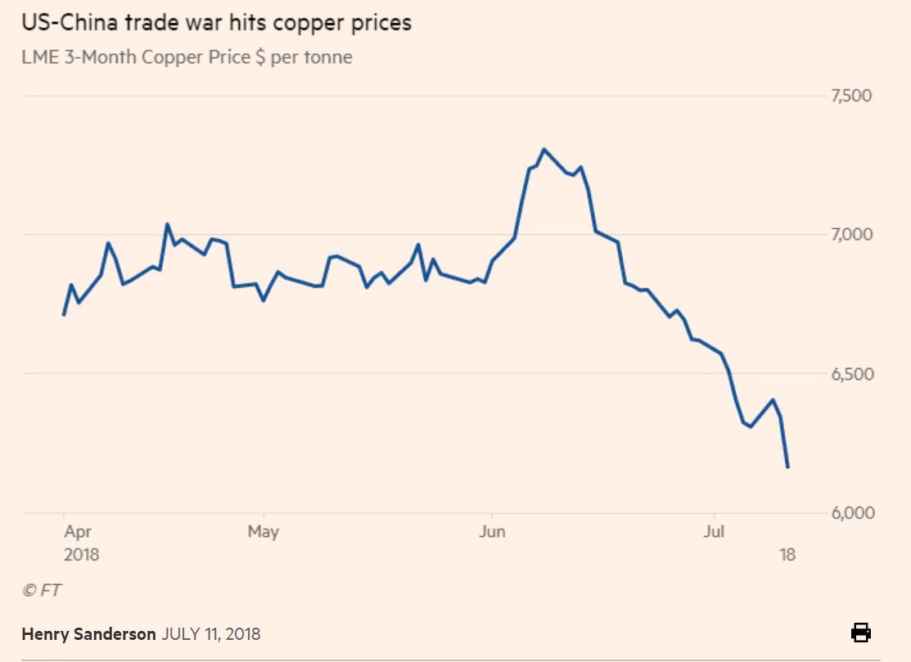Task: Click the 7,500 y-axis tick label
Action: [x=851, y=95]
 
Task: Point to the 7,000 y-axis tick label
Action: [x=851, y=234]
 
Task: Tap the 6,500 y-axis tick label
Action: [x=852, y=374]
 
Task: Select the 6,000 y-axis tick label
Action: [x=852, y=513]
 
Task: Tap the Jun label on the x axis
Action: [x=492, y=531]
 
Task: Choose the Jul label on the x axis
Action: [x=714, y=531]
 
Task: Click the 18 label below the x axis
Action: [x=787, y=555]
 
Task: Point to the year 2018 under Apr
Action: [x=81, y=555]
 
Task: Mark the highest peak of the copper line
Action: [x=543, y=150]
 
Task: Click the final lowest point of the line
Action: [x=787, y=466]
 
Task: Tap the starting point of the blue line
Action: [x=63, y=315]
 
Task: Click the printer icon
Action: [x=861, y=633]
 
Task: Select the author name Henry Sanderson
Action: [x=88, y=633]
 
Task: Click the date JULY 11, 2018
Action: [x=211, y=633]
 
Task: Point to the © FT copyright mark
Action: [x=41, y=590]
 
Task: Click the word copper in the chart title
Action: [x=309, y=24]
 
